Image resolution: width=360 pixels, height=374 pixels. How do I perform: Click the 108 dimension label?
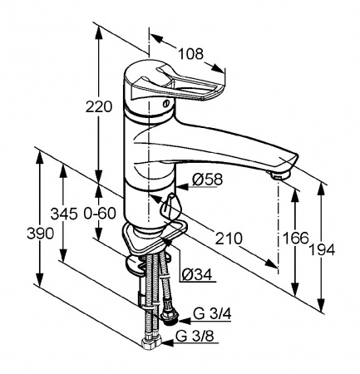190,54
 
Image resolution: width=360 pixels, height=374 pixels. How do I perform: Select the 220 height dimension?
99,107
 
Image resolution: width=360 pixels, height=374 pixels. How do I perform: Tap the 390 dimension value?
40,234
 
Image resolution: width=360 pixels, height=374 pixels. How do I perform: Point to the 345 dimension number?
64,214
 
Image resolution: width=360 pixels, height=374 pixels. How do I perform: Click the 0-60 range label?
100,214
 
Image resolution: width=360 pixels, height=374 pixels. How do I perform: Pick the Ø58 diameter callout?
208,180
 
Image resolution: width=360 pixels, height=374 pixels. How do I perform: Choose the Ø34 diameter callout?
197,275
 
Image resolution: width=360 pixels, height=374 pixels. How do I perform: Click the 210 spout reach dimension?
229,239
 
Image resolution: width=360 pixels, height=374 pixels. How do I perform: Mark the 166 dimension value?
295,238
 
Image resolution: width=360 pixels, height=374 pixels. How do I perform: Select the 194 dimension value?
322,250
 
